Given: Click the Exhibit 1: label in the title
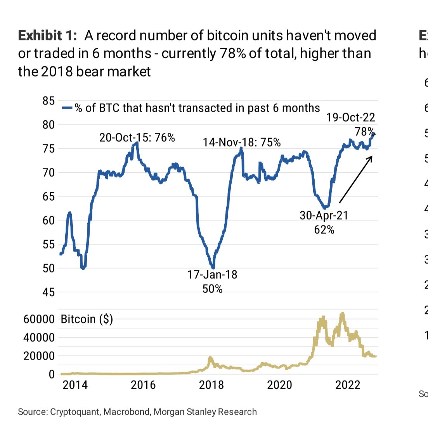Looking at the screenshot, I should pos(47,36).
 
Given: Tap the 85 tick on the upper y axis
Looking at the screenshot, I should pos(49,101).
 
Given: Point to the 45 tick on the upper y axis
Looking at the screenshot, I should pos(49,292).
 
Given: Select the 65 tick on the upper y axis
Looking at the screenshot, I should pos(49,196).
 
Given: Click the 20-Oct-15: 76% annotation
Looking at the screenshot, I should pos(137,137).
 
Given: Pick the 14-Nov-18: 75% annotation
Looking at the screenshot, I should pos(242,142).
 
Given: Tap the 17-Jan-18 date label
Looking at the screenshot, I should pos(212,275).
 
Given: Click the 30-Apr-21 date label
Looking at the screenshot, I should pos(324,215).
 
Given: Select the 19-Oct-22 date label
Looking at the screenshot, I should pos(350,117).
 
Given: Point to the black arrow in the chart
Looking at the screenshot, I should pos(355,179).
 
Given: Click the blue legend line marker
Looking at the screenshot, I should pos(67,108).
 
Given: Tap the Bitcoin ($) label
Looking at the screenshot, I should pos(87,319).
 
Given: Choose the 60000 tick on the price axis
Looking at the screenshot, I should pos(39,319).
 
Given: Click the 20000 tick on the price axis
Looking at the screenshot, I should pos(39,356).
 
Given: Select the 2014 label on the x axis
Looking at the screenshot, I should pos(75,385).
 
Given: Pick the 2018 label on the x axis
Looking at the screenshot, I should pos(211,385).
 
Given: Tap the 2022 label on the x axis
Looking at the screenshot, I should pos(348,385).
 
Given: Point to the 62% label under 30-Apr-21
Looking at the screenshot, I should pos(324,230).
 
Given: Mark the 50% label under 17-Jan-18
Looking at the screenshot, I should pos(212,289).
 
